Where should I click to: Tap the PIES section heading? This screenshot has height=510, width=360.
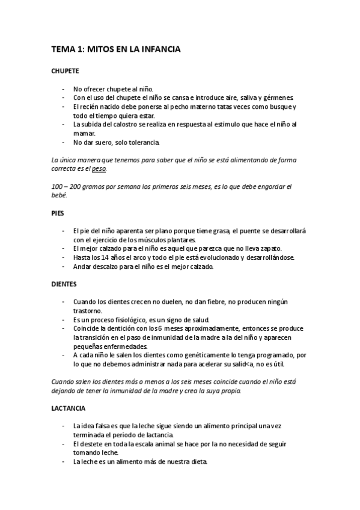[x=58, y=212]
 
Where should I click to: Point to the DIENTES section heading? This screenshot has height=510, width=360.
[x=65, y=283]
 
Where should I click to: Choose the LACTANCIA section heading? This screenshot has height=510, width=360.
[x=69, y=408]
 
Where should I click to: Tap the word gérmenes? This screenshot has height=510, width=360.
[x=278, y=97]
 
